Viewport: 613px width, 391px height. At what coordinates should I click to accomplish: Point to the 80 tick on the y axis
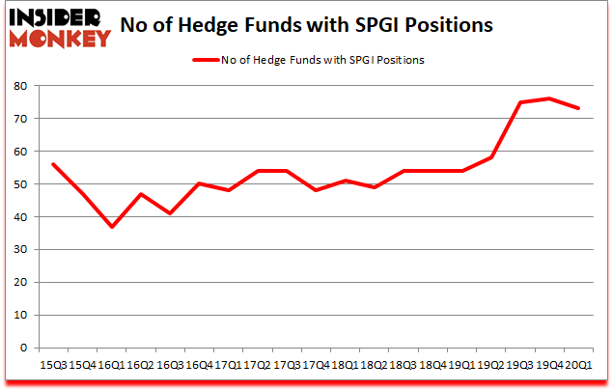coord(18,86)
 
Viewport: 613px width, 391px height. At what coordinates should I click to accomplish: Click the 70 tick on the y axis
coord(18,119)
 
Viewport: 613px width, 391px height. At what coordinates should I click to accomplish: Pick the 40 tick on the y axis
coord(18,217)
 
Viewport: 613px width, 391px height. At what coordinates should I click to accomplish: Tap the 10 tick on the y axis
coord(18,316)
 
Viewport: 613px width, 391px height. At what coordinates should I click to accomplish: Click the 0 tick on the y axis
coord(21,349)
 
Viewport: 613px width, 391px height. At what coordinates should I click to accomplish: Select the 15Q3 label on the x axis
coord(52,366)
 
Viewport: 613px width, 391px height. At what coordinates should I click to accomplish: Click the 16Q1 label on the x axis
coord(111,366)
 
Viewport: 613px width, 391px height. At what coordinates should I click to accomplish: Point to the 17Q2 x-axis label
coord(257,366)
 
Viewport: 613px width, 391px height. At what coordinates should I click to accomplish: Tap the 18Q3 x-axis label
coord(403,366)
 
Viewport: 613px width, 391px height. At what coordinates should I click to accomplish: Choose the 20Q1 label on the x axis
coord(577,366)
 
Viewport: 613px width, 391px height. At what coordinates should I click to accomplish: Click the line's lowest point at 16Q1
coord(112,227)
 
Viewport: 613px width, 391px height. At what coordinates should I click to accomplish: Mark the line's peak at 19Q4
coord(549,98)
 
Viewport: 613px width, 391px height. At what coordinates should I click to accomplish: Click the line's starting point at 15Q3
coord(53,164)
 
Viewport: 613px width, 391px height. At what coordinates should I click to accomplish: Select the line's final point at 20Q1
coord(578,108)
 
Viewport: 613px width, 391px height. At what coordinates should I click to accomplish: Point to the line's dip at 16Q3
coord(170,213)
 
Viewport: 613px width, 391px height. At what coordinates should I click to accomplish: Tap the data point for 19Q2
coord(490,157)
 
